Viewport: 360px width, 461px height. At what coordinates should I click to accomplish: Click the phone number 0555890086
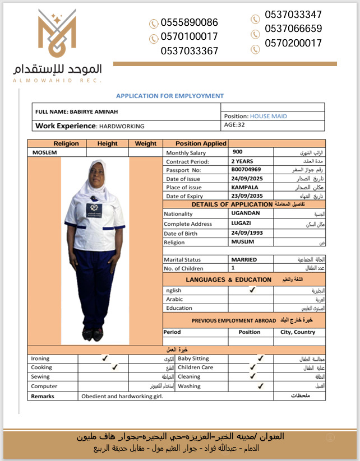189,23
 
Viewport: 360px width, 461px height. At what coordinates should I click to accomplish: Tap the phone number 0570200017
293,43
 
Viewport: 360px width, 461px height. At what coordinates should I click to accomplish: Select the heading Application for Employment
170,96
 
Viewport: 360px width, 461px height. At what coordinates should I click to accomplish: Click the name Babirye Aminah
93,112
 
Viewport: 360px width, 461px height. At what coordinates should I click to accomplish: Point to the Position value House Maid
268,116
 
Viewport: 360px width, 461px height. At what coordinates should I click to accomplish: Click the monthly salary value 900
238,152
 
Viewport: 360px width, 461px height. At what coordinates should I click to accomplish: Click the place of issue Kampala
245,187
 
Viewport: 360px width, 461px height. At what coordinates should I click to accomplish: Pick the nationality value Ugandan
246,213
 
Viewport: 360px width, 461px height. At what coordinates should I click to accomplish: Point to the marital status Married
244,259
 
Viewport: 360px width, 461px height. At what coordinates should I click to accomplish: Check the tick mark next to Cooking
115,367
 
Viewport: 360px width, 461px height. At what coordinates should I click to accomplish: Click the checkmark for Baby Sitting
260,358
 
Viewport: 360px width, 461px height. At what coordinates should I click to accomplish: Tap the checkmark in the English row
252,290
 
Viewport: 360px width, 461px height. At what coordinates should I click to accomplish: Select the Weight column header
146,143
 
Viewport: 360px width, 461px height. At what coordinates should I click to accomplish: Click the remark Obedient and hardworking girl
122,396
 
